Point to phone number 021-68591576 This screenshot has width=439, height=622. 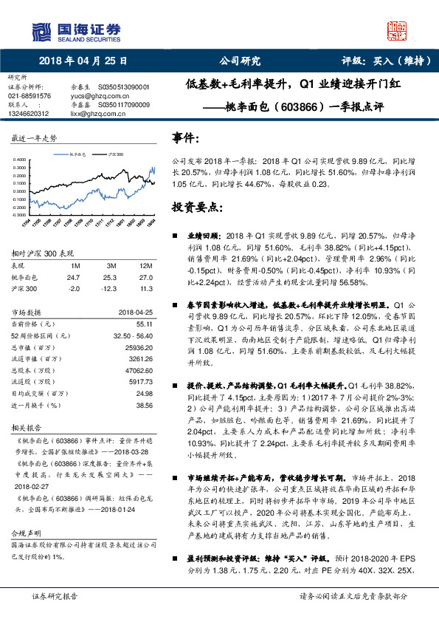[30, 95]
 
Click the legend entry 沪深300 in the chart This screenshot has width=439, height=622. [114, 154]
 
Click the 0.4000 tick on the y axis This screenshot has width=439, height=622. [21, 159]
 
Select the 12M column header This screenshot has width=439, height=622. [145, 264]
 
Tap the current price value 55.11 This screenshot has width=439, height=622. [145, 324]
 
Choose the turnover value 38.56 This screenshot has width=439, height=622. [145, 405]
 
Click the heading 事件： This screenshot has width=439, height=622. [185, 138]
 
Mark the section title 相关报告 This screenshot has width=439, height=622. [27, 428]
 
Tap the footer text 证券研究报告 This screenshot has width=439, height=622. [54, 615]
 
